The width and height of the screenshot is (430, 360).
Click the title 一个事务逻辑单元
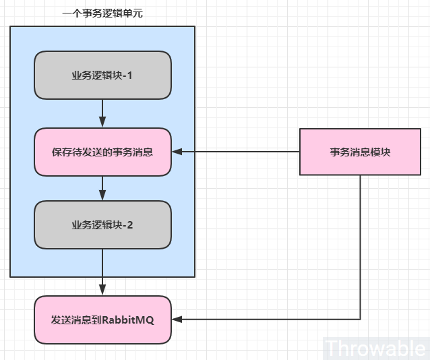[102, 13]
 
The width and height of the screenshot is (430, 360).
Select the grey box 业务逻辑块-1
[102, 76]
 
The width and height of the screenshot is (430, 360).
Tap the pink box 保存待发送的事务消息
[102, 152]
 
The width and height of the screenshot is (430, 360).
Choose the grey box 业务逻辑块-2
[102, 224]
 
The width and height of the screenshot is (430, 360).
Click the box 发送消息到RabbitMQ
[102, 320]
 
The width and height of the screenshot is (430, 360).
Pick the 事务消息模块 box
[360, 152]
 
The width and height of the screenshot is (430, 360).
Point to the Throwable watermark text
[375, 348]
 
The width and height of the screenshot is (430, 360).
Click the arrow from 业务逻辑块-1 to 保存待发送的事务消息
[102, 111]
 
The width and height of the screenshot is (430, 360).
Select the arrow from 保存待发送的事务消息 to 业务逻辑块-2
[102, 187]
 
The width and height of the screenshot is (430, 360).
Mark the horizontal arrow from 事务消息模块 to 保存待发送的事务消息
[236, 152]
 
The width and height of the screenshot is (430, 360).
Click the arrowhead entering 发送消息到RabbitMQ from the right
[177, 320]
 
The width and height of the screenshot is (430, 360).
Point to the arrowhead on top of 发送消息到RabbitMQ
[102, 291]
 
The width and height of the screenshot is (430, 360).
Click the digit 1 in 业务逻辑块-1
[129, 76]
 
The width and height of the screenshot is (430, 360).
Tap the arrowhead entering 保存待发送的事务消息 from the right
[177, 152]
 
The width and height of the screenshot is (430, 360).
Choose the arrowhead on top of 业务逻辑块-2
[102, 196]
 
